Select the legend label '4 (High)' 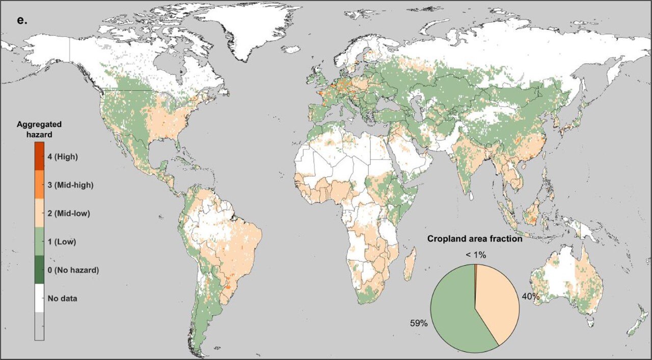62,156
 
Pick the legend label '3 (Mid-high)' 69,185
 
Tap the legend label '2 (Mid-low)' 68,213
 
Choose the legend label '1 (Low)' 62,242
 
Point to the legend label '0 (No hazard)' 73,270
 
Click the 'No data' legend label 62,298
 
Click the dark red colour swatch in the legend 39,156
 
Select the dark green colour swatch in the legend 39,270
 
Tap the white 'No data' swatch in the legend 39,298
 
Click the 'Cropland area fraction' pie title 475,238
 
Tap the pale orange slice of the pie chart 497,300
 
